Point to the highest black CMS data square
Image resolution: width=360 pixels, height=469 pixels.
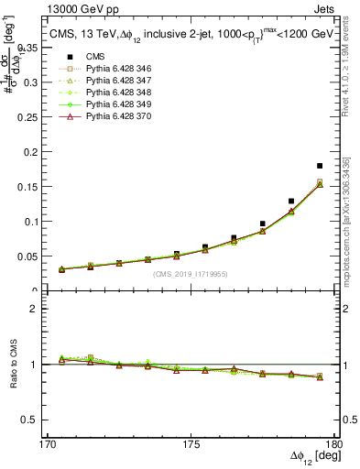[319, 166]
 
